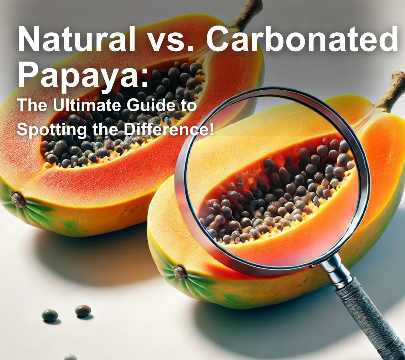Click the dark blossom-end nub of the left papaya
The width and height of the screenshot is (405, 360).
point(18,200)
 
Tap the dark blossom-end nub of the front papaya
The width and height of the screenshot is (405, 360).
point(181,273)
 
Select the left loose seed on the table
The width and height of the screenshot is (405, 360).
point(50,315)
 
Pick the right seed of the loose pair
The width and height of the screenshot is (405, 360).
point(83,311)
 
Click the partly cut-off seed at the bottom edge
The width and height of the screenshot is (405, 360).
point(70,357)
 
